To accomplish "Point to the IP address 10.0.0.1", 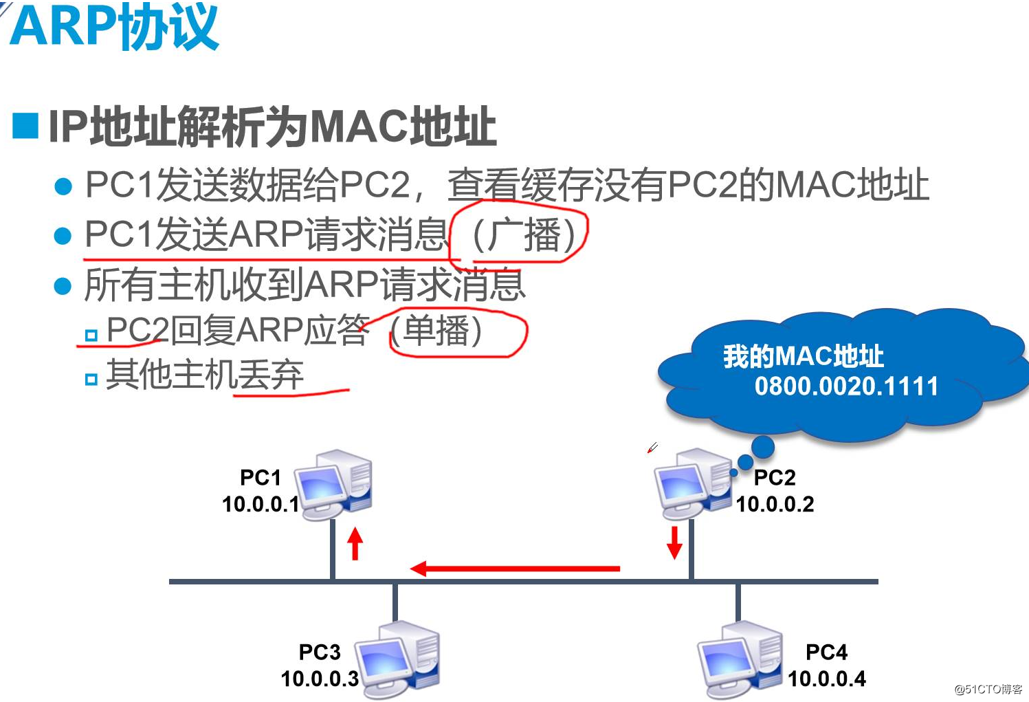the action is tap(261, 505).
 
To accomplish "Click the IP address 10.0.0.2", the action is tap(775, 505).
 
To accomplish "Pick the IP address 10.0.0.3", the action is tap(320, 679).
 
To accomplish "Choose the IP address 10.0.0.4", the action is tap(827, 679).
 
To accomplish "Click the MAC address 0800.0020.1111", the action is tap(846, 386).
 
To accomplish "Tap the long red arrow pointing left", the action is tap(516, 569).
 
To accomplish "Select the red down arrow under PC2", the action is tap(674, 542).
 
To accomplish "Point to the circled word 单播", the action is tap(437, 331).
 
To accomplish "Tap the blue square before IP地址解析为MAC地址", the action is tap(26, 126).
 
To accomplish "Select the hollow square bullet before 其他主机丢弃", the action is tap(91, 379).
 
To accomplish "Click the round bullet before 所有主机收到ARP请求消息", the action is tap(63, 286).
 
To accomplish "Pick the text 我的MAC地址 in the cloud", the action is tap(803, 356).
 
